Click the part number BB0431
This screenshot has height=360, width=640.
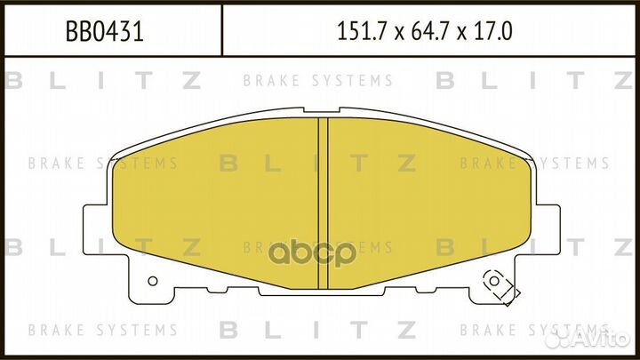tap(105, 31)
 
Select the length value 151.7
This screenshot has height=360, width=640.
tap(361, 31)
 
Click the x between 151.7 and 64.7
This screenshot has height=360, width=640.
tap(399, 34)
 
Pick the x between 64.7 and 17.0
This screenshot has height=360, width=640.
tap(461, 34)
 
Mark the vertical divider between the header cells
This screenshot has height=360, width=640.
tap(221, 30)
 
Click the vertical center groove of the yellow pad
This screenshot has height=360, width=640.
tap(323, 204)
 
